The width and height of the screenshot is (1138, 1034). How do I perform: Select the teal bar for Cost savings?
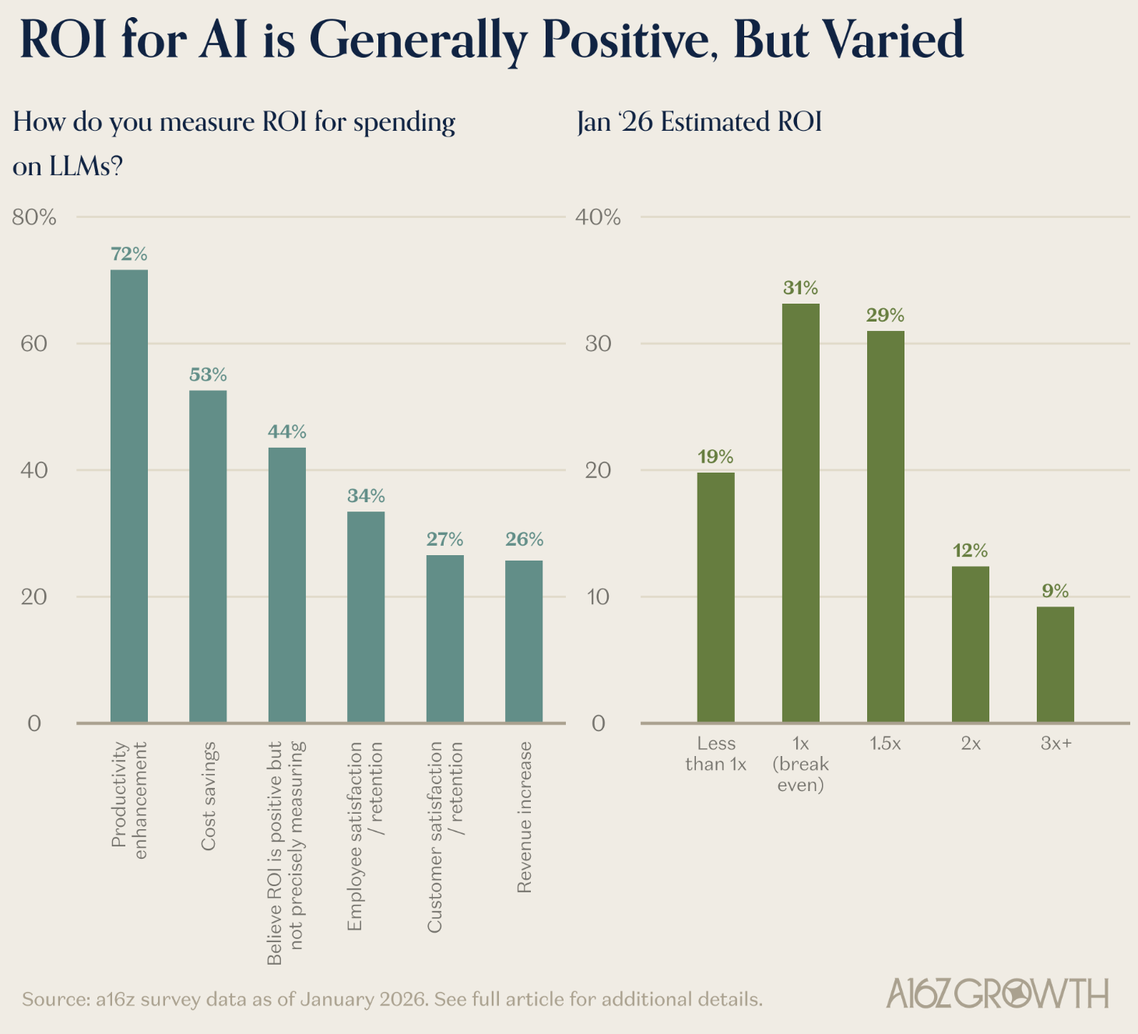(x=208, y=556)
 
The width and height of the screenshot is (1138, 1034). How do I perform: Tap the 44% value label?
(x=287, y=431)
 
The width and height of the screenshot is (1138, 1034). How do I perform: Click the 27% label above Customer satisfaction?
(x=444, y=539)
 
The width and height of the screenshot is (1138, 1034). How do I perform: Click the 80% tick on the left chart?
(x=34, y=217)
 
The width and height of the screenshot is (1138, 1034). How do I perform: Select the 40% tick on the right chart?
(x=598, y=217)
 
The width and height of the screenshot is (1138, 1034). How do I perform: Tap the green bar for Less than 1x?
(x=715, y=597)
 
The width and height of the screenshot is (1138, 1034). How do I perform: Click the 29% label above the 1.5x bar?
(x=885, y=315)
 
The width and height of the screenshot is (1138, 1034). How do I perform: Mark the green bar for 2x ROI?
(x=970, y=644)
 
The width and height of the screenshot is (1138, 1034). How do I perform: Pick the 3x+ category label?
(x=1055, y=744)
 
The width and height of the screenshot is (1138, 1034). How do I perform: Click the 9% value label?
(x=1055, y=591)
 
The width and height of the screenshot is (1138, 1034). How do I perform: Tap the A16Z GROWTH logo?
(x=997, y=994)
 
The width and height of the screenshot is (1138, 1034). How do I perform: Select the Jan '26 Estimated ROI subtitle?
(x=699, y=122)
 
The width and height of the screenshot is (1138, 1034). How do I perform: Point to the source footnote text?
(x=392, y=999)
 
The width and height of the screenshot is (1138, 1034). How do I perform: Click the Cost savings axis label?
(x=209, y=796)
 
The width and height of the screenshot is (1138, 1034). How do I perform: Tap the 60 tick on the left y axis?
(x=34, y=343)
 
